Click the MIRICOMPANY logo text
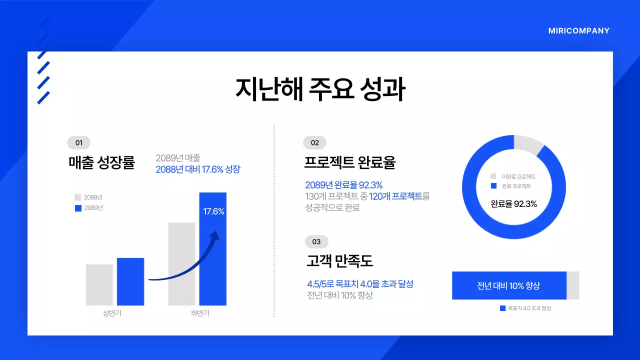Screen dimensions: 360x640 [578, 31]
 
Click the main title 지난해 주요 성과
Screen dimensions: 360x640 [320, 89]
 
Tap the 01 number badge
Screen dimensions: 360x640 [78, 142]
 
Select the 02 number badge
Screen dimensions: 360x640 [314, 142]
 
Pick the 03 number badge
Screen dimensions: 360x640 [316, 241]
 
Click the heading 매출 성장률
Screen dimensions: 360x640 [102, 162]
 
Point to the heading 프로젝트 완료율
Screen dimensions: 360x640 [350, 162]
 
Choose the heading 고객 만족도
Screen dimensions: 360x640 [339, 261]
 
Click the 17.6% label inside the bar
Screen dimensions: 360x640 [213, 211]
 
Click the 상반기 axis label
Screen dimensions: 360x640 [112, 313]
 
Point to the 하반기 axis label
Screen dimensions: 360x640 [200, 313]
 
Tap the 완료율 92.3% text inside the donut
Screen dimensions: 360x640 [513, 204]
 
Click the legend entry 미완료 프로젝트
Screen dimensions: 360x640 [518, 176]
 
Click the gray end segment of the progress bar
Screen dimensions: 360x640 [573, 285]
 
